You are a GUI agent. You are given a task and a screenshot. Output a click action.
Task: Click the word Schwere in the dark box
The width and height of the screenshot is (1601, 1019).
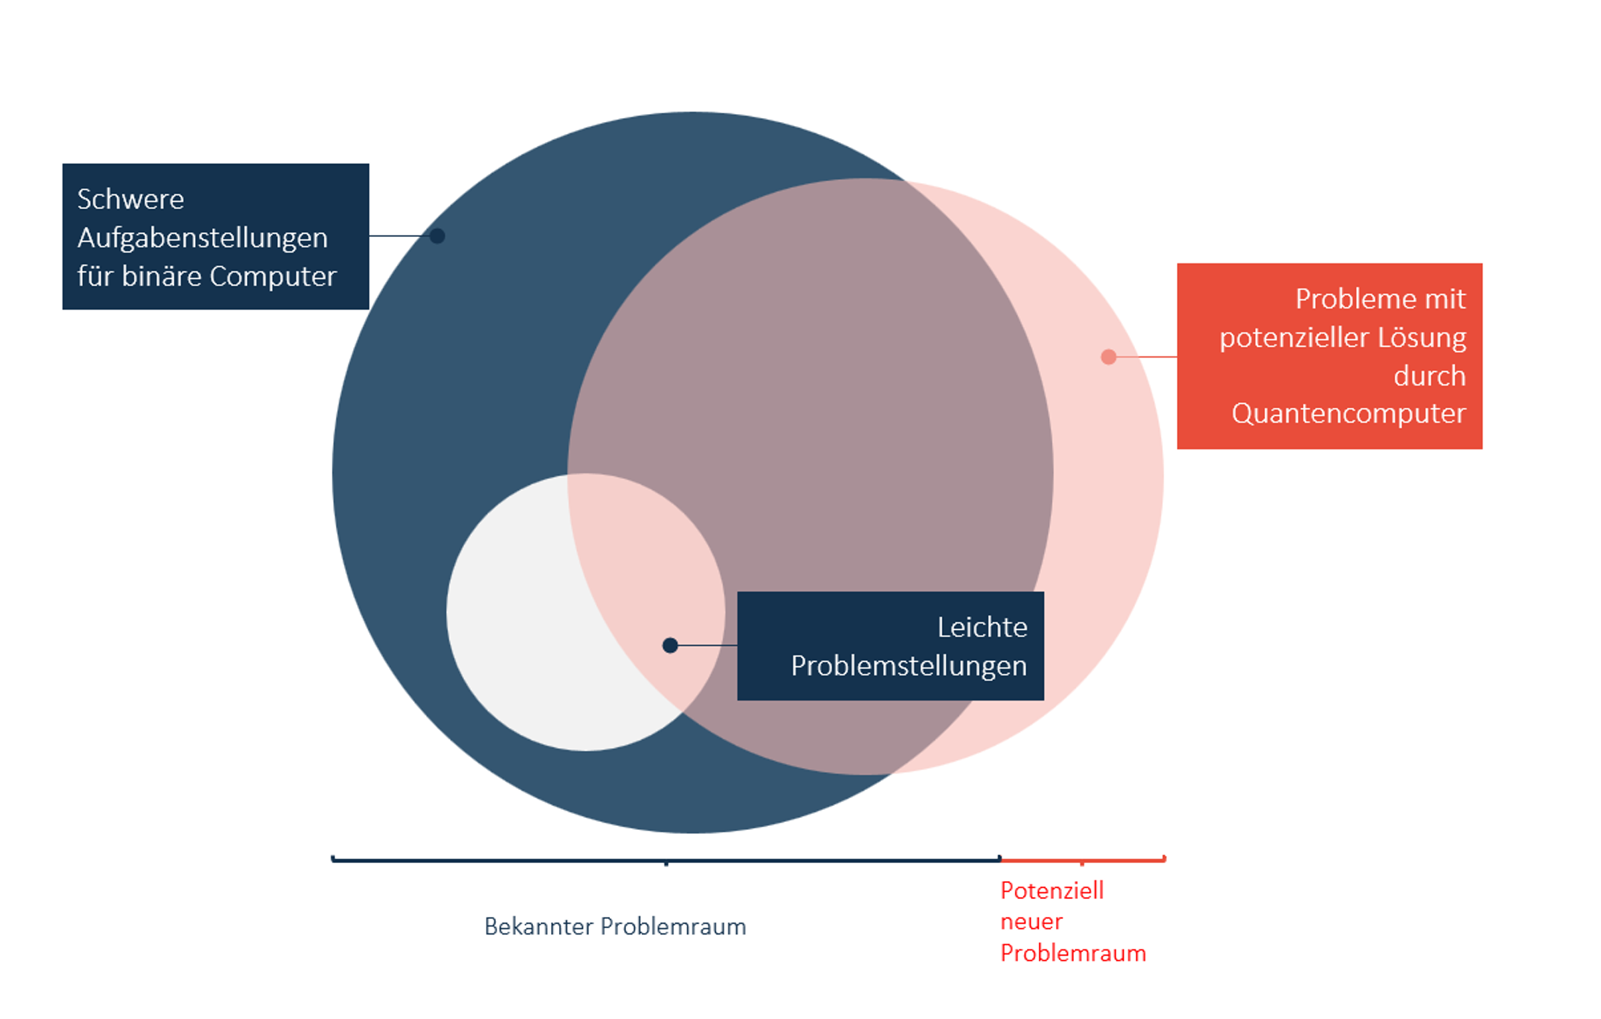pos(130,200)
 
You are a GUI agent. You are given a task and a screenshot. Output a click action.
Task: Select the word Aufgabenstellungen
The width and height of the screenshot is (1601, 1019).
pos(202,238)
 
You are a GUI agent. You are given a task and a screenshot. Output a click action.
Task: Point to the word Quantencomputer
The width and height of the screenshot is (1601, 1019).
pos(1348,413)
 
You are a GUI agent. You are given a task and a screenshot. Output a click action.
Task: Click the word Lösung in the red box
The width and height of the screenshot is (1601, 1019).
pos(1422,338)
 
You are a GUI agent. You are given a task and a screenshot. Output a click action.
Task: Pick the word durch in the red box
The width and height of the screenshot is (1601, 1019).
pos(1430,376)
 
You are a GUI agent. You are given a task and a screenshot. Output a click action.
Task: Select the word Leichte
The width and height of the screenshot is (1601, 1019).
pos(982,628)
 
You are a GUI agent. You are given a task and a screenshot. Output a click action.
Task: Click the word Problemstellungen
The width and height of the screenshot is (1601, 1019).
pos(909,666)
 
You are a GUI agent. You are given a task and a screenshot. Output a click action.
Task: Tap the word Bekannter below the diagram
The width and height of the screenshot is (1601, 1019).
pos(538,927)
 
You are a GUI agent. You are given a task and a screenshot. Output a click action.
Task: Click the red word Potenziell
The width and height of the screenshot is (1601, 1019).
pos(1052,891)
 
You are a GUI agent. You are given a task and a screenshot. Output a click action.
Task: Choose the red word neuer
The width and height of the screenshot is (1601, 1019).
pos(1031,922)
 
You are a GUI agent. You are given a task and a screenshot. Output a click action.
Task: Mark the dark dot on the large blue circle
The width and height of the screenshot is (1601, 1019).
pos(437,236)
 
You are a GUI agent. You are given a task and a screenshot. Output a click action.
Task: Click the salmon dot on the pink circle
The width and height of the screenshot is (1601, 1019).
pos(1108,357)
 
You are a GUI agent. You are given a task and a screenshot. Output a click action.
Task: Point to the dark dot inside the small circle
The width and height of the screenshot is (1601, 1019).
pos(670,645)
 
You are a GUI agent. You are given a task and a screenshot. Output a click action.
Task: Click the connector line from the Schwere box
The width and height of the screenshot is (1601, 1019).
pos(399,236)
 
